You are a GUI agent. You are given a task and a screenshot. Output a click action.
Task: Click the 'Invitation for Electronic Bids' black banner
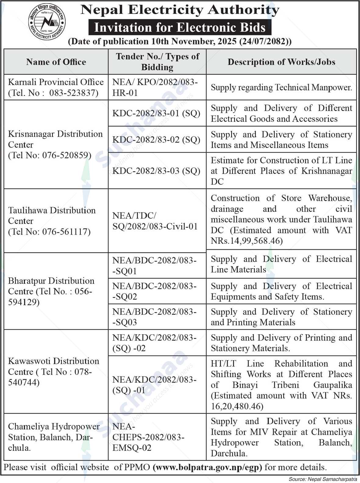(x=180, y=27)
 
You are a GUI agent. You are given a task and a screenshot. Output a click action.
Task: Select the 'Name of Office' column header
(x=56, y=62)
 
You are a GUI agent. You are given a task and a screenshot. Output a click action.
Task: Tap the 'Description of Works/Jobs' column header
(x=281, y=62)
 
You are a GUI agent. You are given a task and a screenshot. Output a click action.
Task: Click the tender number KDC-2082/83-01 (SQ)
(x=156, y=113)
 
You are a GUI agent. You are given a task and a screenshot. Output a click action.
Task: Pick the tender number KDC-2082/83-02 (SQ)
(x=156, y=140)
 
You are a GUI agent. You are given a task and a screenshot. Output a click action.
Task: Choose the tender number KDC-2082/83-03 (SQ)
(x=156, y=171)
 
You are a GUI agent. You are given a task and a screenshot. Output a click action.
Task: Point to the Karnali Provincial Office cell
(x=56, y=87)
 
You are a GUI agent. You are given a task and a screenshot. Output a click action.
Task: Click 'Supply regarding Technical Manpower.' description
(x=281, y=87)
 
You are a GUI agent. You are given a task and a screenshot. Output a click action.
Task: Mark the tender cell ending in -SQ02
(x=155, y=291)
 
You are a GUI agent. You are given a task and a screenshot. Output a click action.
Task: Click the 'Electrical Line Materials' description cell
(x=281, y=264)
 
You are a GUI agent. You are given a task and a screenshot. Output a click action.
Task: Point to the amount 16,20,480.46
(x=237, y=406)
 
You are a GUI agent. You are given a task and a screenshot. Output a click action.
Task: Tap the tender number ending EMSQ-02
(x=148, y=437)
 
